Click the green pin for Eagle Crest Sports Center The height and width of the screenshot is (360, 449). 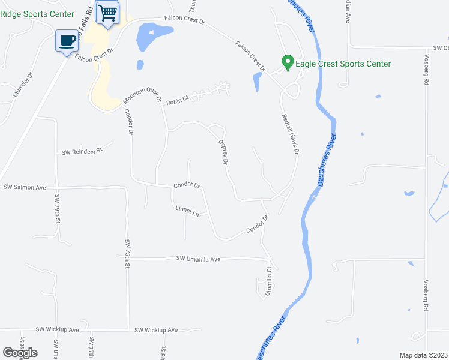(288, 62)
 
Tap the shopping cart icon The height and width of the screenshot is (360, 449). (107, 12)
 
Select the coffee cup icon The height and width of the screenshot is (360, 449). (67, 41)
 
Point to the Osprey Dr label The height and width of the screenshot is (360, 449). (224, 153)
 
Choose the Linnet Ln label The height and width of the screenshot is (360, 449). (187, 211)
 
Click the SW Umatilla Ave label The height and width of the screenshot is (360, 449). (199, 259)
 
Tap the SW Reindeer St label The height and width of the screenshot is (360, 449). (83, 152)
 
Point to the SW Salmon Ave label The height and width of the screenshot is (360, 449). (25, 187)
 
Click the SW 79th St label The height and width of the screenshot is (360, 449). (58, 209)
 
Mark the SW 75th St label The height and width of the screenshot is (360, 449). (128, 253)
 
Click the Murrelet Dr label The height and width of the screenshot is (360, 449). (25, 86)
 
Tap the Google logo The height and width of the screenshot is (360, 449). (20, 353)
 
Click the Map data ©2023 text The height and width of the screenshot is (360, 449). (423, 355)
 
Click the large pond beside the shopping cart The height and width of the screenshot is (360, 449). (148, 38)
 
